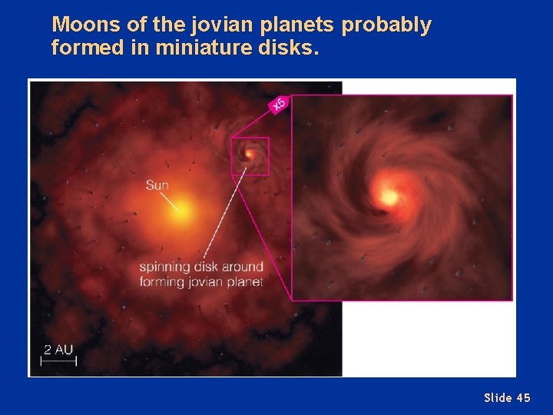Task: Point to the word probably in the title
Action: click(386, 25)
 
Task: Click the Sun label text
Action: click(157, 185)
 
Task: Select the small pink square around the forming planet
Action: click(250, 157)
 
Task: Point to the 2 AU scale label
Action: click(58, 350)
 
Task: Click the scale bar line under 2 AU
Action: click(58, 361)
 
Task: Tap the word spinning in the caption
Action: click(165, 267)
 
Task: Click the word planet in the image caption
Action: click(244, 281)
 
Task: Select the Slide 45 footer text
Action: click(507, 397)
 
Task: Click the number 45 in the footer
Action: click(522, 397)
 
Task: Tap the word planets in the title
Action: click(296, 25)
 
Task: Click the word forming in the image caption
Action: click(162, 281)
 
